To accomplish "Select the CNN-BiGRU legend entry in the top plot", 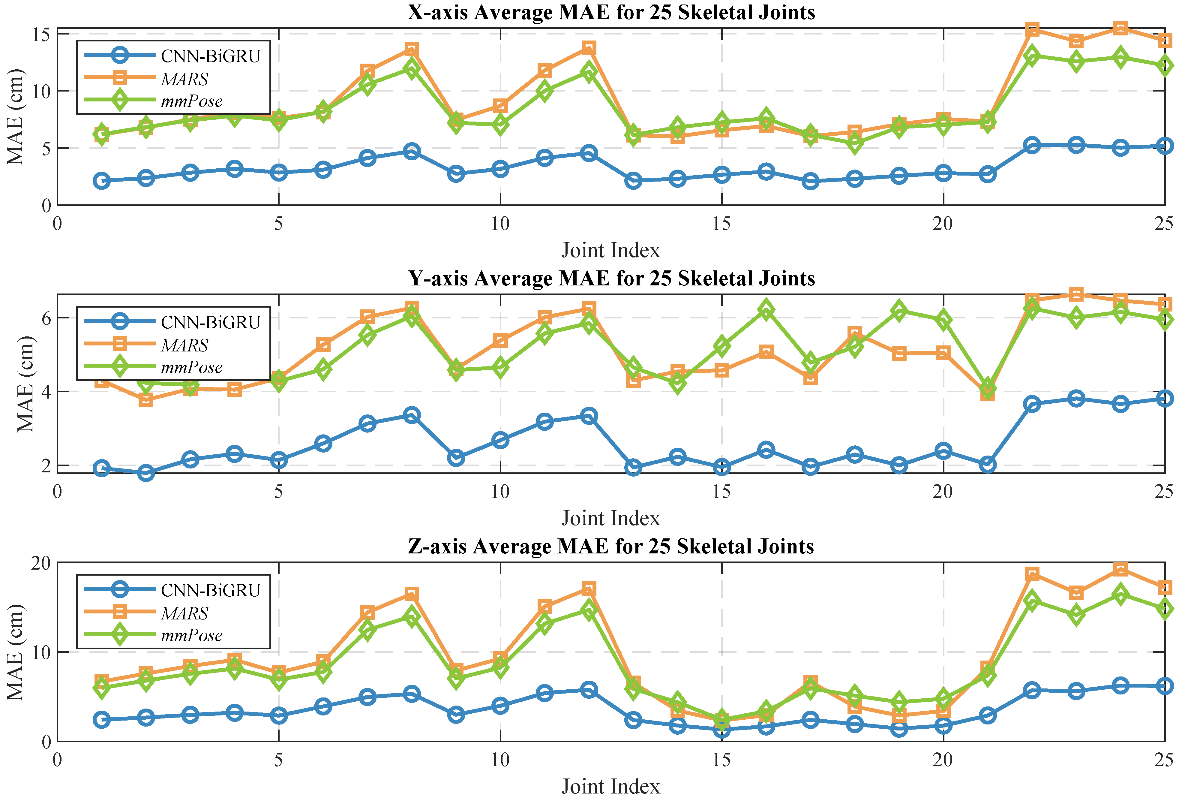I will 210,56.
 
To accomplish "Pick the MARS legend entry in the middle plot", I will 184,345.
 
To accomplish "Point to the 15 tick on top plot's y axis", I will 42,35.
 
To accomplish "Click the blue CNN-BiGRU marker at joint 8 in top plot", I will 412,152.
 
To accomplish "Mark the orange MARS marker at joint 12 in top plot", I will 589,48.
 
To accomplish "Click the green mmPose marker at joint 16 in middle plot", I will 766,310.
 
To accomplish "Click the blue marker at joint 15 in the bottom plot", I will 721,730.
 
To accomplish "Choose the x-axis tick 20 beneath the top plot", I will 943,224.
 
